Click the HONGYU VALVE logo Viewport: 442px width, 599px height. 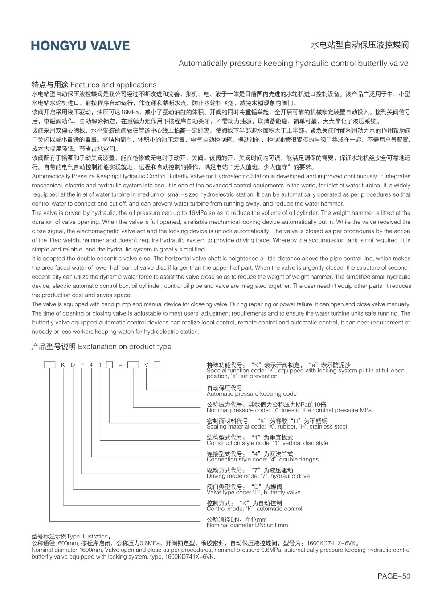pyautogui.click(x=80, y=46)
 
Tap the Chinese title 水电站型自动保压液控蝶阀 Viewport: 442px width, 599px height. pyautogui.click(x=359, y=45)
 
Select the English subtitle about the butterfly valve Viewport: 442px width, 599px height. pyautogui.click(x=293, y=63)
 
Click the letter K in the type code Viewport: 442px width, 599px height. pyautogui.click(x=63, y=365)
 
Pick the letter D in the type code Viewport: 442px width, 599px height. pyautogui.click(x=73, y=365)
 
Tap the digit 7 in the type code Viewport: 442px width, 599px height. pyautogui.click(x=82, y=365)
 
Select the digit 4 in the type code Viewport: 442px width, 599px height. pyautogui.click(x=91, y=365)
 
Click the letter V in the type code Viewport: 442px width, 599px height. pyautogui.click(x=146, y=365)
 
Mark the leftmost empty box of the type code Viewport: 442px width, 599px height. pyautogui.click(x=49, y=365)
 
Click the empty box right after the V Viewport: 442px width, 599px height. pyautogui.click(x=157, y=365)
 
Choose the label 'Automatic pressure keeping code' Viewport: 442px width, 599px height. pyautogui.click(x=251, y=394)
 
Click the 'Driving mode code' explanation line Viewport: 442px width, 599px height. pyautogui.click(x=258, y=476)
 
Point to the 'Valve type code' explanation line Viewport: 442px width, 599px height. pyautogui.click(x=254, y=492)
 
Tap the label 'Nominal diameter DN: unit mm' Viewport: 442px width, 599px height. pyautogui.click(x=247, y=525)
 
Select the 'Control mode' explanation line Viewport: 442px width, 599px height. pyautogui.click(x=254, y=509)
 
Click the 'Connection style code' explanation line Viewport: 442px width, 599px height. pyautogui.click(x=262, y=459)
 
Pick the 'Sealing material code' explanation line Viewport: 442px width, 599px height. pyautogui.click(x=277, y=426)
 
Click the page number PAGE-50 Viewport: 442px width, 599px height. pyautogui.click(x=393, y=576)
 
